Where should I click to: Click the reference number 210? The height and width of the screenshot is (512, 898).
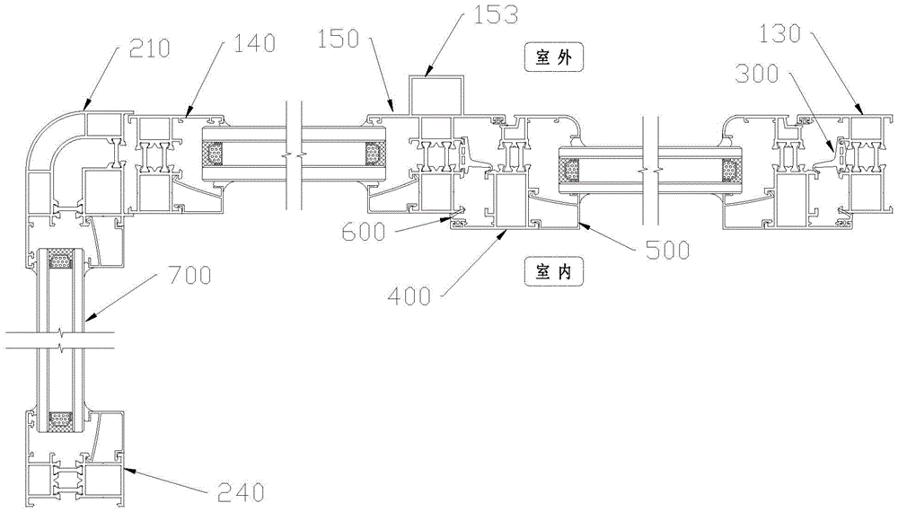coord(150,49)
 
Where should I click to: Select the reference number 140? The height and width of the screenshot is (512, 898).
coord(255,43)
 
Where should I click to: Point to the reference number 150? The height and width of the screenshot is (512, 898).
coord(339,39)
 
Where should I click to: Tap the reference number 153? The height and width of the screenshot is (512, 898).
coord(497,13)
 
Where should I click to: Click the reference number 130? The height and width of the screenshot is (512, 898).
coord(779,34)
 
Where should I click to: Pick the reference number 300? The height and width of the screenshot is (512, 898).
coord(757,74)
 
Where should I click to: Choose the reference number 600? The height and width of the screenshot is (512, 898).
coord(364,233)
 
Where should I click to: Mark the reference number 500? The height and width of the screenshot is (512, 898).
coord(668,251)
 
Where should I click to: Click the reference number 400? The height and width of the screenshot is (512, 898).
coord(409,296)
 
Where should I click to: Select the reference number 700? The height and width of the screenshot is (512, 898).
coord(189,276)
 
